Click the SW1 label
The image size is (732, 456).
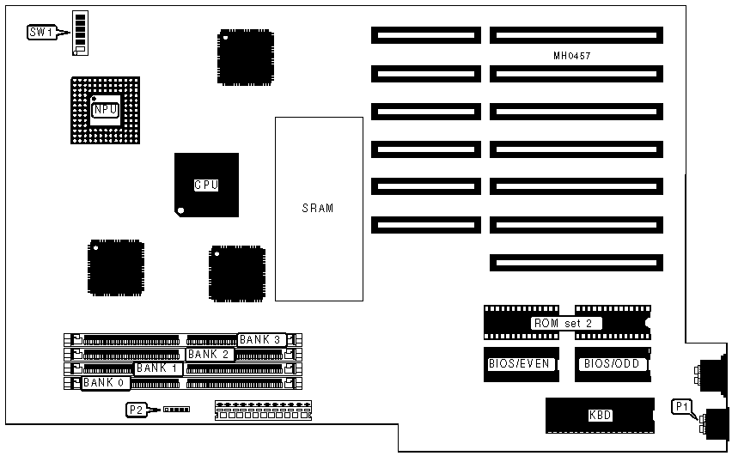click(41, 32)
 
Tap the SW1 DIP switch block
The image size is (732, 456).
click(81, 33)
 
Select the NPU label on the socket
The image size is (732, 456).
click(105, 110)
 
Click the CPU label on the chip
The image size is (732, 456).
click(205, 185)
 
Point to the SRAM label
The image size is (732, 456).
click(318, 208)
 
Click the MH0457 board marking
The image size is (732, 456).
click(572, 56)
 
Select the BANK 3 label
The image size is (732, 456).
click(260, 339)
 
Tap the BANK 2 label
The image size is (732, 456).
click(210, 354)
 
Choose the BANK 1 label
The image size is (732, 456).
click(158, 368)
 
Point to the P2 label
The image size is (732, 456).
click(136, 410)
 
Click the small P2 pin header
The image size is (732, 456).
click(176, 410)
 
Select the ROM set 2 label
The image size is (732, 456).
click(566, 324)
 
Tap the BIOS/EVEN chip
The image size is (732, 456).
click(518, 363)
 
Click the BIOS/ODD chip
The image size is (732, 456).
click(612, 363)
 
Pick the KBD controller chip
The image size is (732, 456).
click(600, 416)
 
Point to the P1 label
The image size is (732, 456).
click(683, 405)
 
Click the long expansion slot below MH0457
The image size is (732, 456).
click(576, 74)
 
